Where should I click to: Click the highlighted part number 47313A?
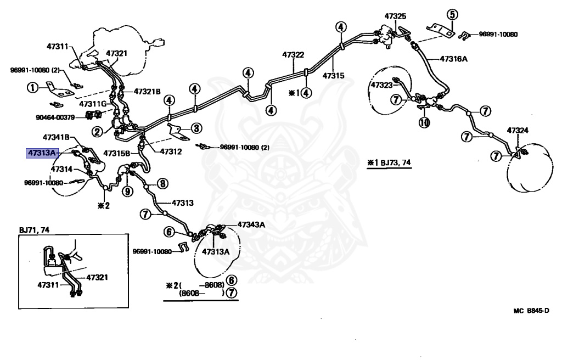point(42,153)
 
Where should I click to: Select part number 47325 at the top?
point(395,16)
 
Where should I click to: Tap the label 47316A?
point(454,59)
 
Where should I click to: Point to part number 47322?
point(293,54)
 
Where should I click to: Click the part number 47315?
point(333,76)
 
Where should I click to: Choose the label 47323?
point(382,85)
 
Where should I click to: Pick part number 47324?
point(518,130)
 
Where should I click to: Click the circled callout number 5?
point(452,14)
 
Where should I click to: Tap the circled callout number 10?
point(424,123)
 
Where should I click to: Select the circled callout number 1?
point(32,87)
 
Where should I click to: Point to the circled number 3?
point(196,128)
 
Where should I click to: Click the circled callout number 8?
point(162,184)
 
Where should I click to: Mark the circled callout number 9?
point(127,191)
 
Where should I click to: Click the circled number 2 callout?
point(97,132)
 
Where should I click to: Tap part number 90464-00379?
point(55,117)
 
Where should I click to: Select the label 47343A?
point(251,225)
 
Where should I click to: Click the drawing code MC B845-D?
point(531,311)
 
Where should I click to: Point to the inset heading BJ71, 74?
point(34,230)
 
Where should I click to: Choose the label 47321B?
point(147,92)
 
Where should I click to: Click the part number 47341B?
point(57,137)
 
